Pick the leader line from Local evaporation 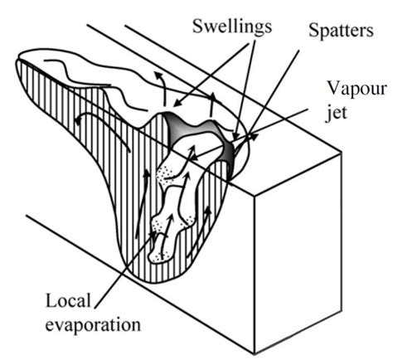pyautogui.click(x=124, y=265)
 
